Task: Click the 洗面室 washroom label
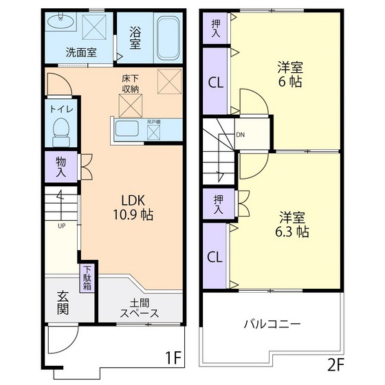pos(81,52)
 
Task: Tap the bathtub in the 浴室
pos(166,39)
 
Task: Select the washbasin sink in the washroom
pos(63,24)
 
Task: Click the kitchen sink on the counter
pos(129,129)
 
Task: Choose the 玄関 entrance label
pos(63,302)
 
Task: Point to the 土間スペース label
pos(140,307)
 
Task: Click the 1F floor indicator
pos(173,358)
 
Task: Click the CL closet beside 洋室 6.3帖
pos(214,257)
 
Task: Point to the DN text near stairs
pos(240,135)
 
